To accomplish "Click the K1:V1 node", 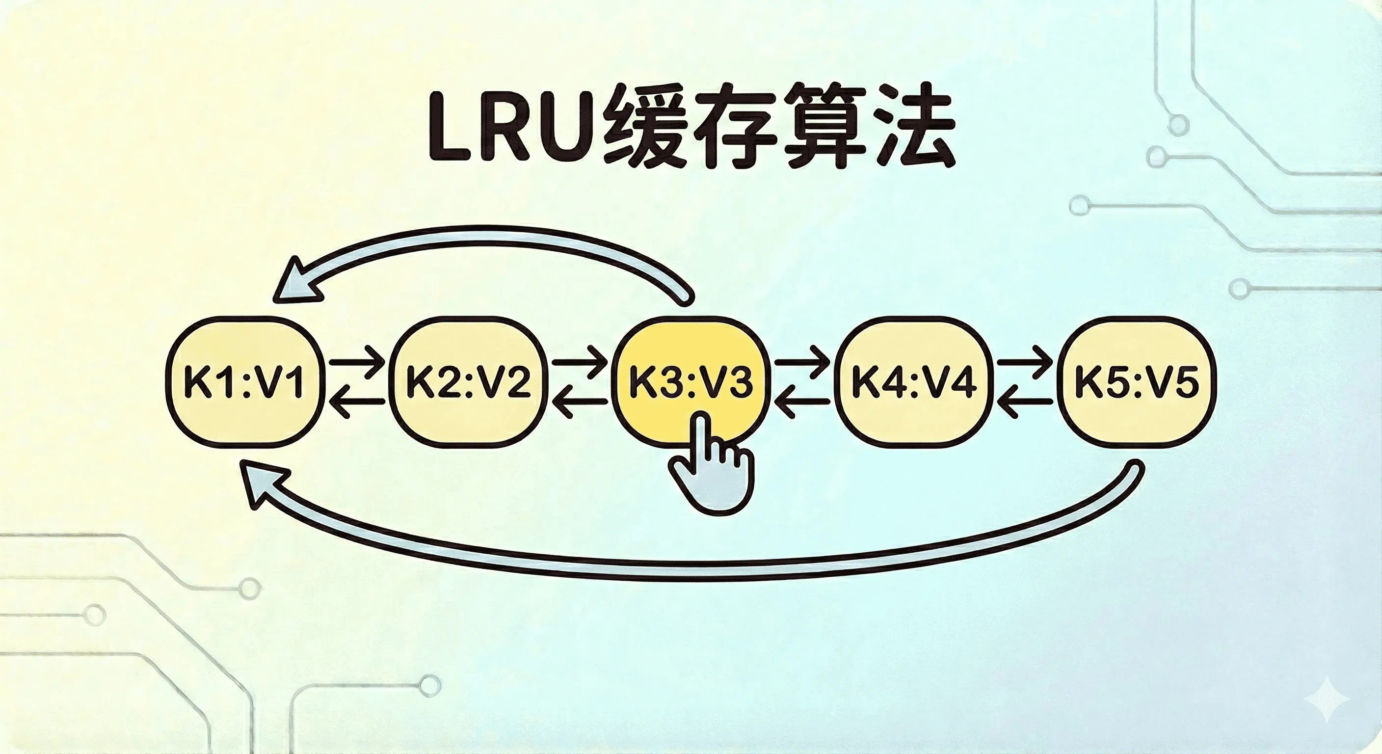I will click(244, 382).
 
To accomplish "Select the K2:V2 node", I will click(467, 382).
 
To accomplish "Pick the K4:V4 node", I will click(913, 382).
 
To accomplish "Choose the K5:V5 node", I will click(1136, 382).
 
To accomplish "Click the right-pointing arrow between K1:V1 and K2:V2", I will click(357, 362).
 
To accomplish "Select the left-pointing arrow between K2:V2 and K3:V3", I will click(580, 402).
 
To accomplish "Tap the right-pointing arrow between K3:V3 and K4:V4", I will click(802, 362).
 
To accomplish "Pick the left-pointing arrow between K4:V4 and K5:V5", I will click(1025, 402).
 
